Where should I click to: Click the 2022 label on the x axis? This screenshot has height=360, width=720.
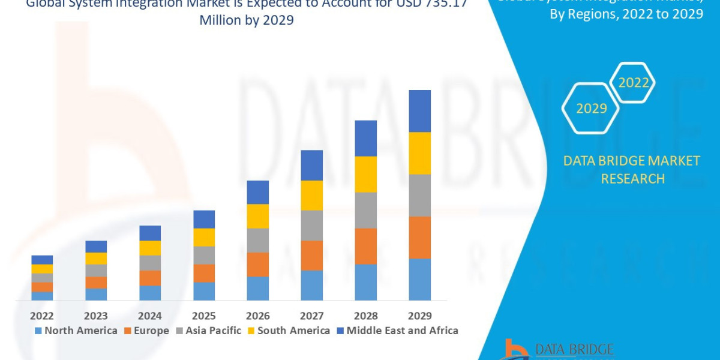tap(42, 316)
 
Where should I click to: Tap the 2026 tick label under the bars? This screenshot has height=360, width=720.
tap(257, 316)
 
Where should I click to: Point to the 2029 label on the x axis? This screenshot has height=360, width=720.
tap(419, 316)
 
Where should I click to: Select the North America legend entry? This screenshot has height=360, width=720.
tap(76, 331)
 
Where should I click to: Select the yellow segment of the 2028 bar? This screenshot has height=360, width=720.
tap(365, 174)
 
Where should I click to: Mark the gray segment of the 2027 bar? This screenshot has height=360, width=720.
tap(311, 226)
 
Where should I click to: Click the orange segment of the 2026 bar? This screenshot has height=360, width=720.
tap(257, 265)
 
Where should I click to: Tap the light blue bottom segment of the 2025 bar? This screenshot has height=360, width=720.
tap(204, 291)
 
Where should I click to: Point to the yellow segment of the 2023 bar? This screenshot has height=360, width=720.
tap(96, 259)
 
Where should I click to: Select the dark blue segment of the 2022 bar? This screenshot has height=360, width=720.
tap(42, 260)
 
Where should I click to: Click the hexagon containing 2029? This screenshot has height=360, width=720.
tap(590, 109)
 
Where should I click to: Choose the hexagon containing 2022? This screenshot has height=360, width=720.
tap(633, 83)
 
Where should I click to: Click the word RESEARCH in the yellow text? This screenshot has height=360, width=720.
tap(632, 179)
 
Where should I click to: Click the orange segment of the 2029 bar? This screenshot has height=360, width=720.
tap(419, 238)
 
